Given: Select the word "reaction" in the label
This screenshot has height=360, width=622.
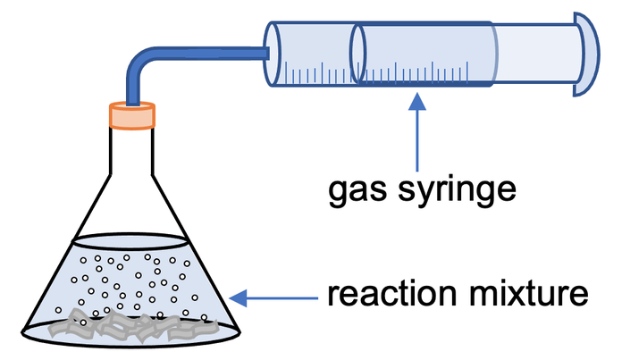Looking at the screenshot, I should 380,295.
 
